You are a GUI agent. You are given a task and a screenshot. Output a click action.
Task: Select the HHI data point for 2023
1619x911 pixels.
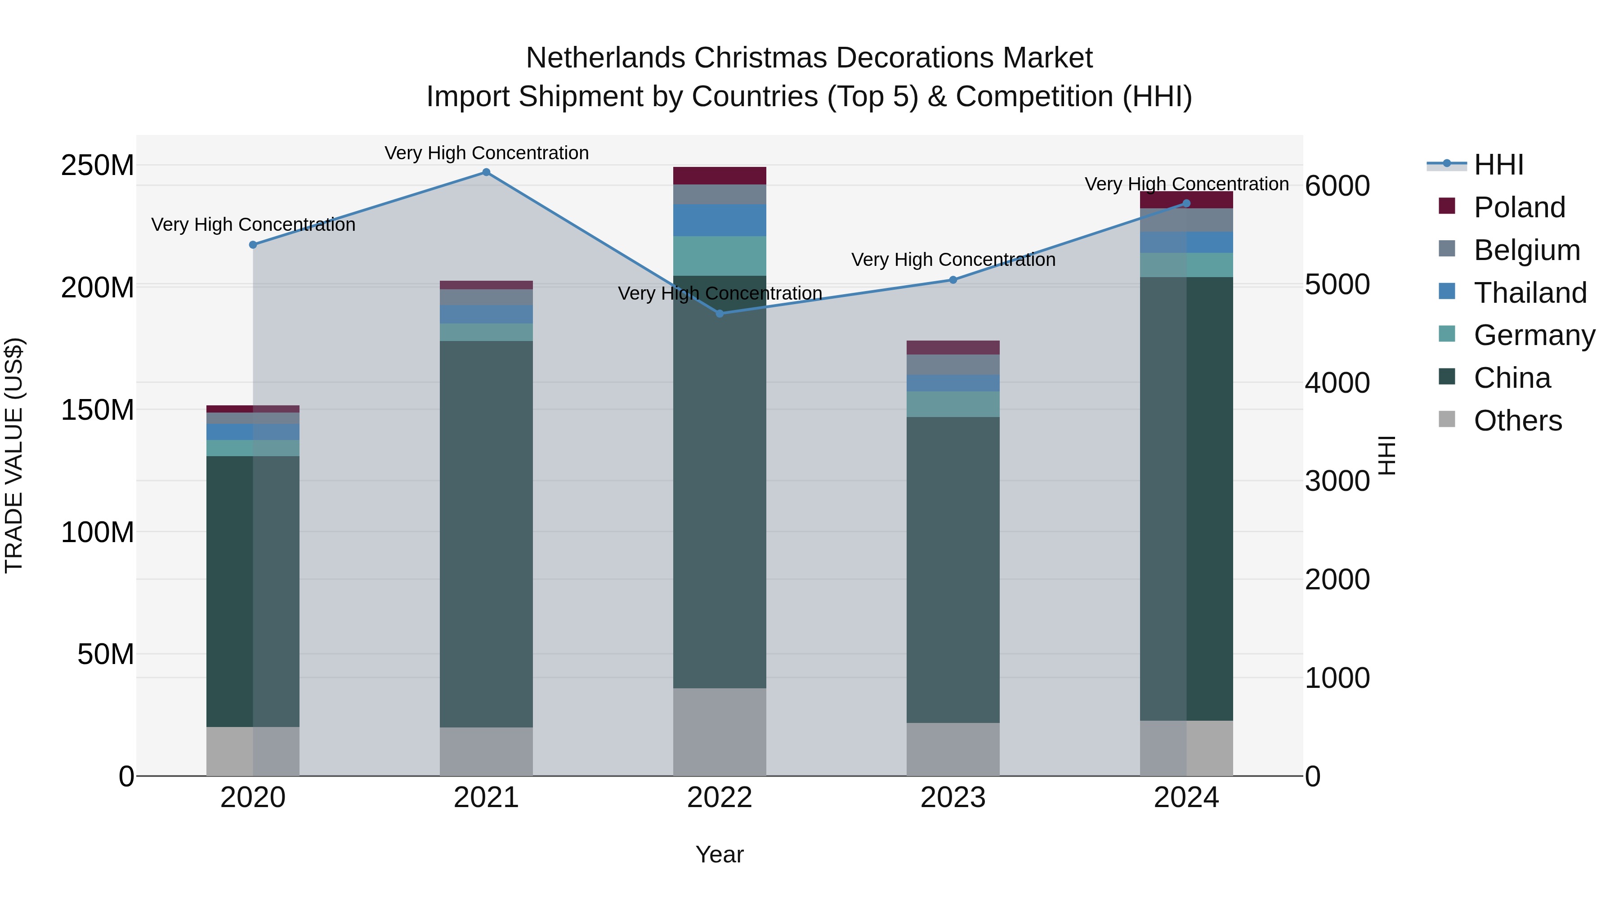(x=953, y=280)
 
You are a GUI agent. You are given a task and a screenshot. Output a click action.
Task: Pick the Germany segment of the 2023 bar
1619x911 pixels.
(x=953, y=404)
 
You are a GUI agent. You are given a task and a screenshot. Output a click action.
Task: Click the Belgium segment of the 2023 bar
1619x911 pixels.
(x=953, y=365)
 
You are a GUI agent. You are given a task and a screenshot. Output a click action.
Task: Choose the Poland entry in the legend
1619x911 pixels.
(x=1519, y=207)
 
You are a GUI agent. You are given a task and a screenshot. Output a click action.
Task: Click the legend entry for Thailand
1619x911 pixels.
(x=1530, y=293)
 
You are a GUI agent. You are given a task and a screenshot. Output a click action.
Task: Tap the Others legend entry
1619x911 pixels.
(x=1517, y=421)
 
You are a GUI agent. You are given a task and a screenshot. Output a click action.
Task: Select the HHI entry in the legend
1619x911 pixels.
(x=1498, y=165)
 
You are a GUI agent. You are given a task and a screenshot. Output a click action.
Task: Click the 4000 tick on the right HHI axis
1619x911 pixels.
(x=1337, y=383)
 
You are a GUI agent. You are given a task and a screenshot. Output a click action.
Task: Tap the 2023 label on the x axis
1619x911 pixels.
(x=953, y=798)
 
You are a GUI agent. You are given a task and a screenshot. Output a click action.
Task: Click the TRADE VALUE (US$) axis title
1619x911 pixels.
(x=14, y=455)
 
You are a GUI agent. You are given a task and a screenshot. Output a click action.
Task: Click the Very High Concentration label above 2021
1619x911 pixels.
(x=487, y=153)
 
